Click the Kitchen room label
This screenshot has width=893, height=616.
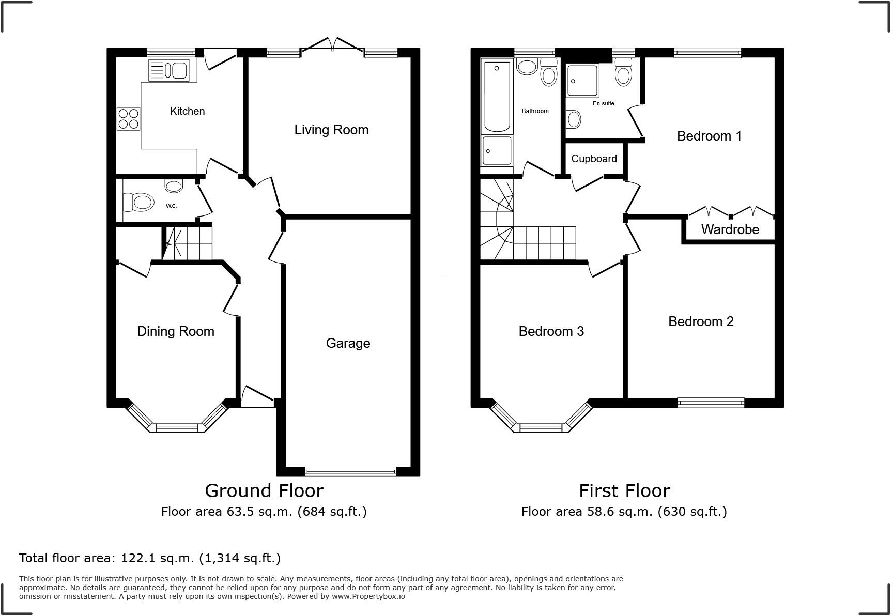point(187,111)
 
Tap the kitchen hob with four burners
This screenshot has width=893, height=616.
point(129,118)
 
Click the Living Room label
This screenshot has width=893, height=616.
point(331,130)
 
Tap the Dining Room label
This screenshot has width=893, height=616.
point(176,332)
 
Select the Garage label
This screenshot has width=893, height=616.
point(348,343)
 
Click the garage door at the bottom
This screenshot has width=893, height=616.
point(350,472)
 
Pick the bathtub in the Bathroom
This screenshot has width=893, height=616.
point(497,96)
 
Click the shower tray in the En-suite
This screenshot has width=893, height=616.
point(582,81)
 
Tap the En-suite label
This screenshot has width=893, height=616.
point(603,103)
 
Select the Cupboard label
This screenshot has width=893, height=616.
point(594,159)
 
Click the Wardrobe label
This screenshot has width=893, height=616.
point(730,229)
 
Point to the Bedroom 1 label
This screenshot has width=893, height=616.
point(709,136)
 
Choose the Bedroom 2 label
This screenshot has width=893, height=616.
point(701,321)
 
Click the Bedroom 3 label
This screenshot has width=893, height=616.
point(551,331)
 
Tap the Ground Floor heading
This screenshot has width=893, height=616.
point(264,490)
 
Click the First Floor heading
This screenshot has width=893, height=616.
point(624,490)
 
